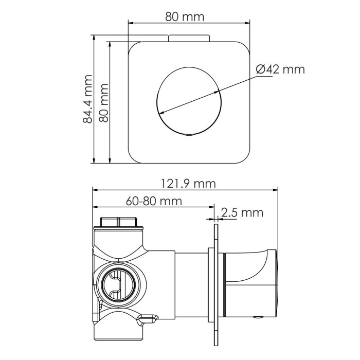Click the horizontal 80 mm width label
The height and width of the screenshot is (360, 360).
pos(184,16)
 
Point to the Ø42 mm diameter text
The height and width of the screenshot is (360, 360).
pos(280,69)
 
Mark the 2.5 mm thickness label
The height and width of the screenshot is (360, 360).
pos(242,212)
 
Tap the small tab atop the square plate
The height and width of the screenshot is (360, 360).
pos(188,38)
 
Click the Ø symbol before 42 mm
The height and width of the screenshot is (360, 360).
pos(260,69)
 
